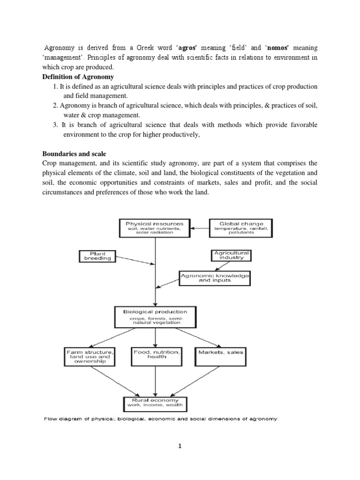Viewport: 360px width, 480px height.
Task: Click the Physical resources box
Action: coord(154,228)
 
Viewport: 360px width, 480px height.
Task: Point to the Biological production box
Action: coord(155,317)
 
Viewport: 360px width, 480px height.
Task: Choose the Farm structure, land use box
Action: coord(90,356)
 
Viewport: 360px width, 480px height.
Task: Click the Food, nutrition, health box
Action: coord(156,356)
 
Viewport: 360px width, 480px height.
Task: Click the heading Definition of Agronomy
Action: coord(78,77)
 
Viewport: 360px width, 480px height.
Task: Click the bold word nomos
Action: coord(262,48)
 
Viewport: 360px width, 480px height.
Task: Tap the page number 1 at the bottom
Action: coord(180,447)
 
